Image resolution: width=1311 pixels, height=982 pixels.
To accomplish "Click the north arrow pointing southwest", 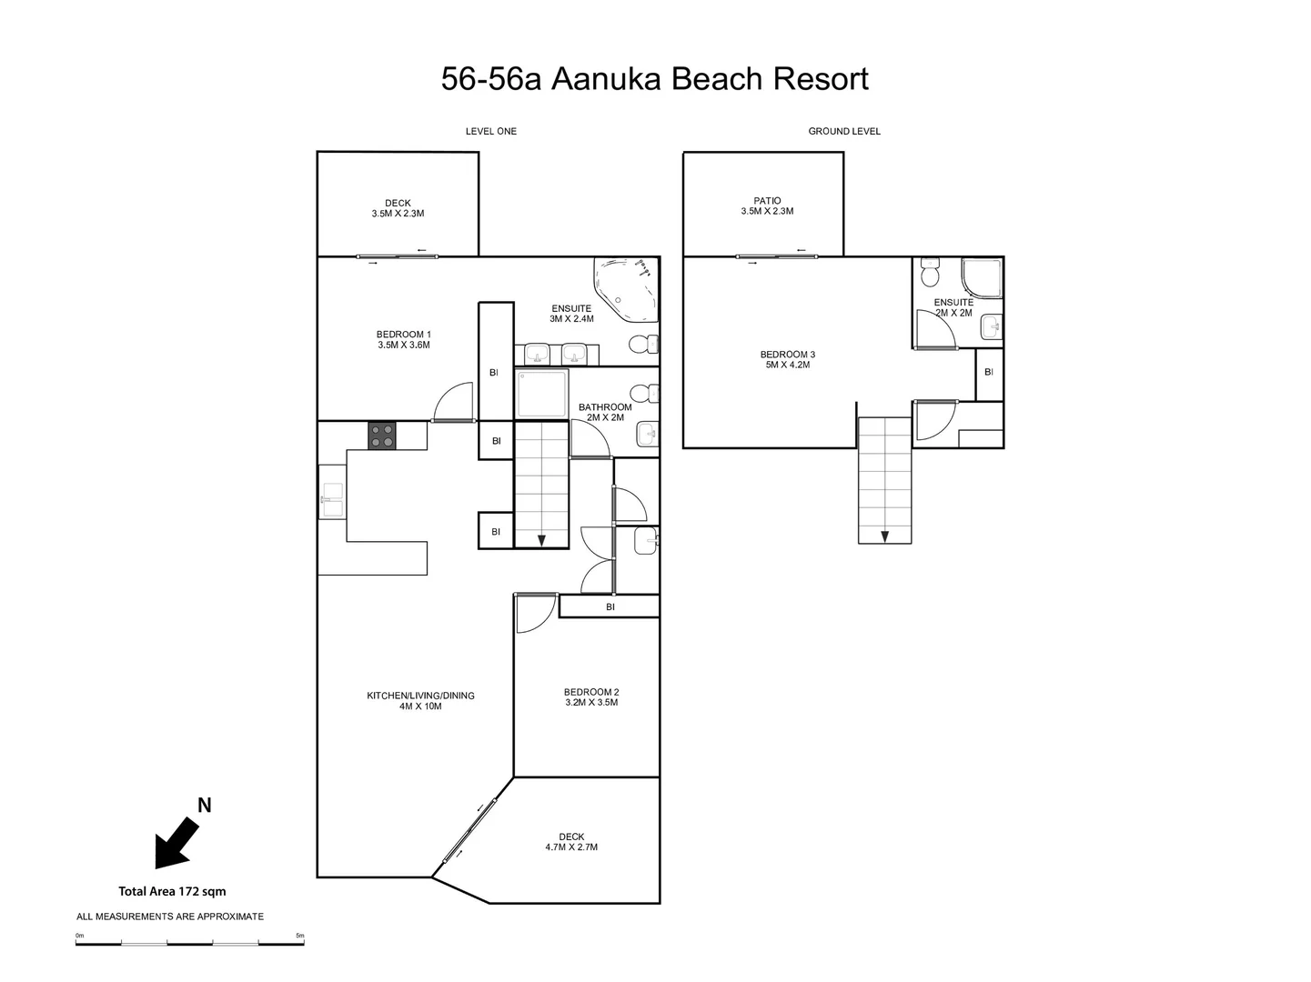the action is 176,842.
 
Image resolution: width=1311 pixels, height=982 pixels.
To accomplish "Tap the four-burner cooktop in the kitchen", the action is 382,436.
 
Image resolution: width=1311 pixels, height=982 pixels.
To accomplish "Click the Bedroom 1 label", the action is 403,339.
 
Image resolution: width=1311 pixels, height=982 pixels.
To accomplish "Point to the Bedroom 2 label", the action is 590,696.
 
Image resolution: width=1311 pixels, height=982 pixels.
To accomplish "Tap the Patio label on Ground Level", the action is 767,205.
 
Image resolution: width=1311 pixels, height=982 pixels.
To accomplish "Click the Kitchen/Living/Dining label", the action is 420,700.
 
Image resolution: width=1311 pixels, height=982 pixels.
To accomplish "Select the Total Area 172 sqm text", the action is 172,891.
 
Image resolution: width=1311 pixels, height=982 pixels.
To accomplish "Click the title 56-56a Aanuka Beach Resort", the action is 654,79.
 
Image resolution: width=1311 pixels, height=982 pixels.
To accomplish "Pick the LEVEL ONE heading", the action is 490,131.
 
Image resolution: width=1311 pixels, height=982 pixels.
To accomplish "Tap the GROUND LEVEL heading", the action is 843,131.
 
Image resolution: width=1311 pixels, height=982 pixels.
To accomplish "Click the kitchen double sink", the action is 331,502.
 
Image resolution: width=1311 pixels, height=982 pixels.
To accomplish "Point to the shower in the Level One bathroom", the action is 541,393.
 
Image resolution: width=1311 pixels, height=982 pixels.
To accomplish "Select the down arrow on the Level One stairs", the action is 541,540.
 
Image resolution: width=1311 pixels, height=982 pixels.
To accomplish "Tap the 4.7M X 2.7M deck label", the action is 571,842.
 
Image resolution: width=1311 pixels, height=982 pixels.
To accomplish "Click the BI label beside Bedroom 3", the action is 988,372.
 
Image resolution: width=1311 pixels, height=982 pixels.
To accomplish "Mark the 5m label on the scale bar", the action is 299,935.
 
